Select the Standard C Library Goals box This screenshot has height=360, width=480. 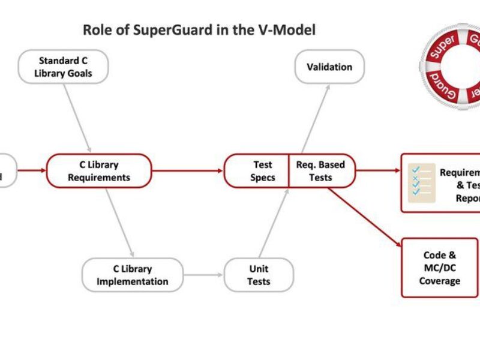tap(64, 67)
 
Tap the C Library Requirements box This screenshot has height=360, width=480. tap(99, 171)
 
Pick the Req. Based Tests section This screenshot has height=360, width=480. tap(321, 171)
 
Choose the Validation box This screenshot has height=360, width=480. tap(329, 67)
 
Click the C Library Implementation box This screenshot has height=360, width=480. tap(133, 275)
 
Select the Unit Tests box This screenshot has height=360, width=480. tap(259, 275)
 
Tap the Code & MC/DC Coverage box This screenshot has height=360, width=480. tap(439, 268)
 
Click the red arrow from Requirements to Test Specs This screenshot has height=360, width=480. tap(187, 171)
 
